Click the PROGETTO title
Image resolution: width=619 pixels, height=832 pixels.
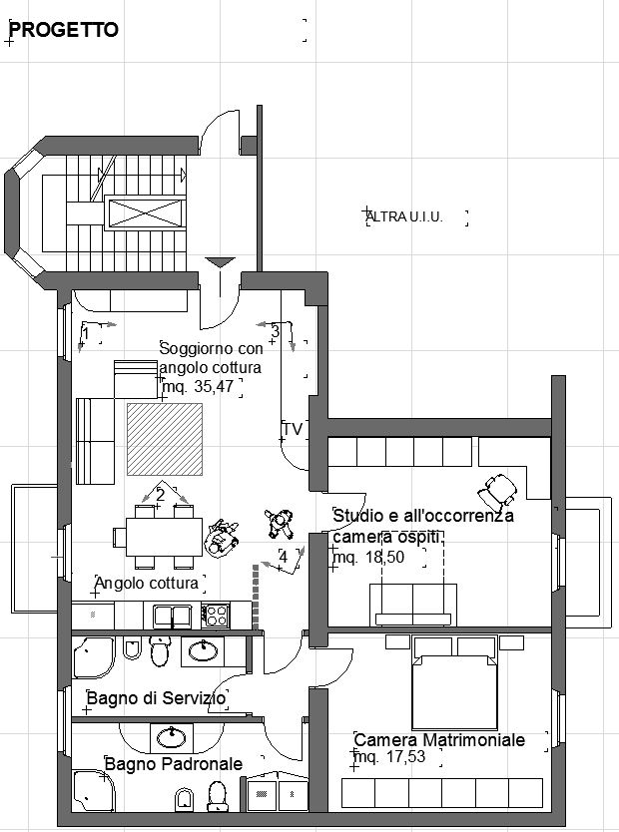point(64,30)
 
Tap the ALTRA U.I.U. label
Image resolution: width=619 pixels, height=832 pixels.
point(404,216)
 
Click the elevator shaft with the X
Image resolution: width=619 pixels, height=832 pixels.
point(146,212)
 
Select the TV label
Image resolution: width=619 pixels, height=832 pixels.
point(293,429)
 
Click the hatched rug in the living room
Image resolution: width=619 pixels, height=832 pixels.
point(165,439)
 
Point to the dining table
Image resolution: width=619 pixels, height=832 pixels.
point(164,537)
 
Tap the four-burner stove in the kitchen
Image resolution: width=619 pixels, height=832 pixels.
point(216,617)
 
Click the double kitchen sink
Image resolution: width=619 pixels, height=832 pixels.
point(173,617)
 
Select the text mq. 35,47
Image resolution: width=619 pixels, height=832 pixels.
point(198,386)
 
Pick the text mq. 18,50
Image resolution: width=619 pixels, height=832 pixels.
point(368,557)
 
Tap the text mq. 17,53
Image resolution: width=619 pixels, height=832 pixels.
point(389,756)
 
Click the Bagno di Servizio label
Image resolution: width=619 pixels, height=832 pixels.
point(156,697)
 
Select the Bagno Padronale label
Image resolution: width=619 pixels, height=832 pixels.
point(174,764)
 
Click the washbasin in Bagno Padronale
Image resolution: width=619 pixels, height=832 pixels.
point(172,737)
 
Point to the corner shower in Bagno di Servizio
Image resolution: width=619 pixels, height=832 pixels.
point(94,657)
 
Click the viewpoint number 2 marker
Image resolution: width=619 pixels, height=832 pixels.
point(161,495)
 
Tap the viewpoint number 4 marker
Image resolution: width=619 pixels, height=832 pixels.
point(283,557)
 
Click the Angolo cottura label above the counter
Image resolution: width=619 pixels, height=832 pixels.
point(146,584)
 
